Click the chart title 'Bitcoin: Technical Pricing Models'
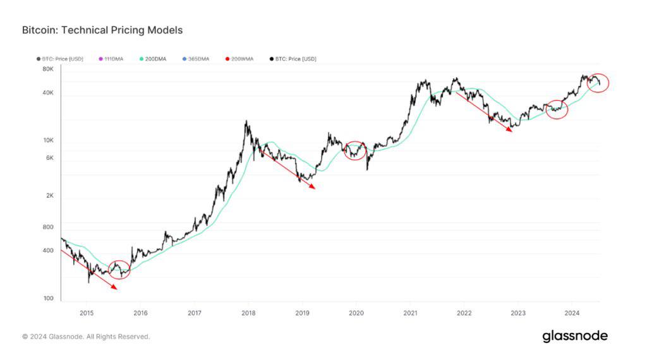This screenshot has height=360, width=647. pyautogui.click(x=102, y=30)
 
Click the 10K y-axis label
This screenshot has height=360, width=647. pyautogui.click(x=48, y=140)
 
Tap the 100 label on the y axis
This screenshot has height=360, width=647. pyautogui.click(x=48, y=298)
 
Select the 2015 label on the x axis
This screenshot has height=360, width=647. pyautogui.click(x=87, y=312)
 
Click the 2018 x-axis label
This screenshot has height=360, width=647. pyautogui.click(x=248, y=312)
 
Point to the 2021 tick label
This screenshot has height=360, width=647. pyautogui.click(x=410, y=312)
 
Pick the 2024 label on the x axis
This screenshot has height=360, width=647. pyautogui.click(x=572, y=312)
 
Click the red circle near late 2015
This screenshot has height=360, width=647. pyautogui.click(x=119, y=269)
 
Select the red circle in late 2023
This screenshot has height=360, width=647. pyautogui.click(x=556, y=109)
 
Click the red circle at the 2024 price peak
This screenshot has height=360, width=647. pyautogui.click(x=598, y=83)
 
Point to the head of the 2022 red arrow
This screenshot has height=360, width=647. pyautogui.click(x=511, y=131)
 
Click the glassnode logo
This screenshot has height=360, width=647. pyautogui.click(x=575, y=336)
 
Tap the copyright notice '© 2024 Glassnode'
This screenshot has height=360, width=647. pyautogui.click(x=86, y=337)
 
